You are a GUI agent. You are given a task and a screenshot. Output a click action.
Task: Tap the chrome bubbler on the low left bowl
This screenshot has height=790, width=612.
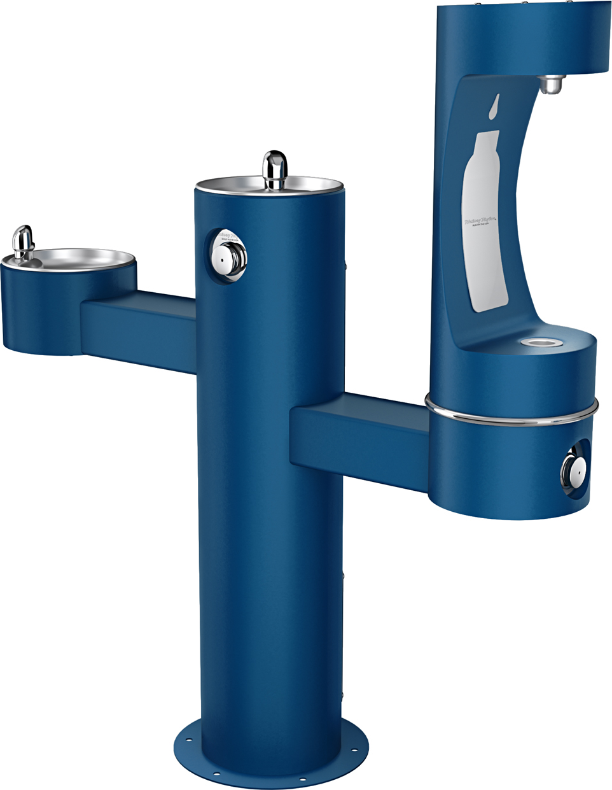click(24, 243)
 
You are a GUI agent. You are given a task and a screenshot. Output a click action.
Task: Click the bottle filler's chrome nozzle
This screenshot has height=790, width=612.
click(550, 84)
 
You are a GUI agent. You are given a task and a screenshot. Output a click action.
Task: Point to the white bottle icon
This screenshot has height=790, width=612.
click(485, 223)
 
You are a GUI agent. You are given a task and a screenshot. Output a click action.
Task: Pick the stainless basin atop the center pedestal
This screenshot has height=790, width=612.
click(305, 185)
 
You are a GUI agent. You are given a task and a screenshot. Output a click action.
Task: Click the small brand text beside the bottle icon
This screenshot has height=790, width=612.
click(480, 222)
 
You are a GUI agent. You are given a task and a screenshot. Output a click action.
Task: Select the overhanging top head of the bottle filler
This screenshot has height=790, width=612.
click(522, 38)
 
